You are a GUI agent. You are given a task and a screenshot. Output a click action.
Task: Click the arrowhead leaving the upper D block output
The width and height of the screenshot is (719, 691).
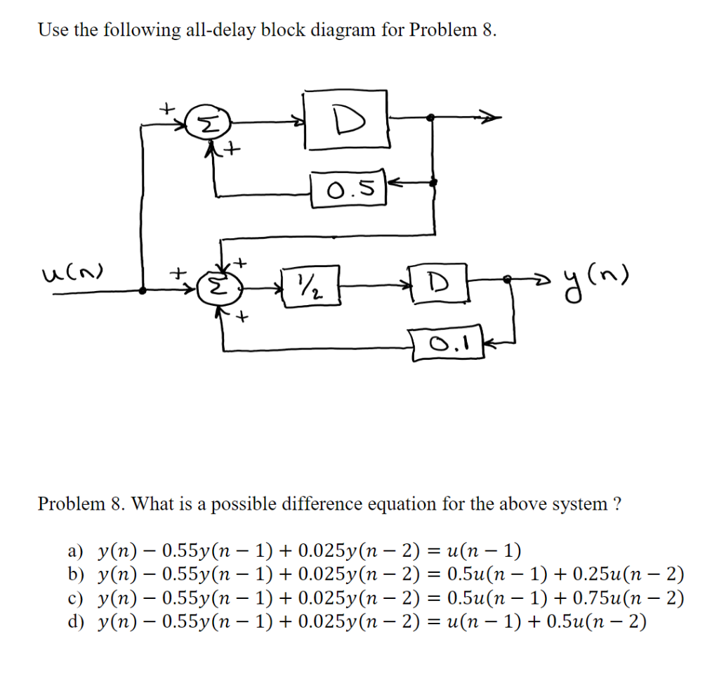(x=492, y=117)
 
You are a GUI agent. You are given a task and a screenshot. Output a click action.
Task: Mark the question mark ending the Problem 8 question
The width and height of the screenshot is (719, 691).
(x=616, y=504)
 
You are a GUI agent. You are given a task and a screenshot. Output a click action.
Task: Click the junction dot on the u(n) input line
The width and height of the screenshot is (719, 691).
(x=143, y=289)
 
